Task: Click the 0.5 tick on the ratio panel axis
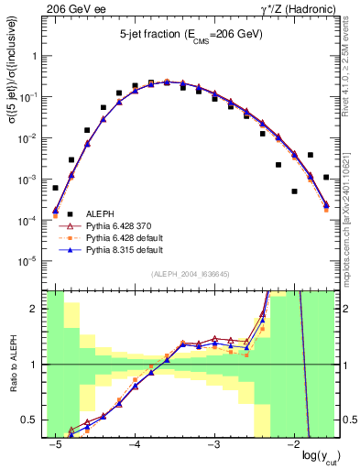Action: [x=34, y=420]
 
